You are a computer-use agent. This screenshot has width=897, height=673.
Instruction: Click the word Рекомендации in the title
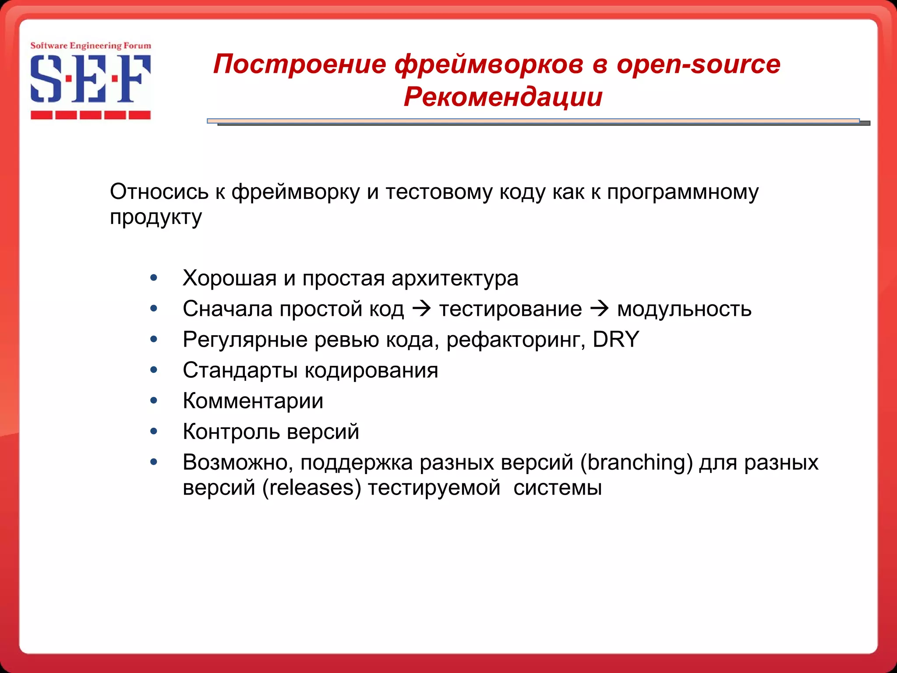click(x=503, y=97)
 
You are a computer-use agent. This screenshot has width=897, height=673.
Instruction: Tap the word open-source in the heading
click(x=698, y=64)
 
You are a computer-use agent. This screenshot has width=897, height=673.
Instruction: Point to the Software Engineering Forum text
click(x=91, y=46)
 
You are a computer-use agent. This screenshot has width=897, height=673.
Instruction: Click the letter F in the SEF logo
click(x=135, y=79)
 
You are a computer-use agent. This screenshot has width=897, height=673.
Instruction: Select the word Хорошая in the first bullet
click(x=229, y=278)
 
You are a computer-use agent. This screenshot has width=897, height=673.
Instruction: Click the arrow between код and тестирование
click(x=421, y=309)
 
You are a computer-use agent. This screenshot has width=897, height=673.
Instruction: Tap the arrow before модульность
click(x=599, y=309)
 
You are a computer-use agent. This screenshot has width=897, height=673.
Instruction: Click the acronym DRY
click(x=616, y=340)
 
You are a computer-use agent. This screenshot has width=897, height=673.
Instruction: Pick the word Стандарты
click(x=240, y=370)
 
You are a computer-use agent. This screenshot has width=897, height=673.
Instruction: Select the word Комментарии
click(x=253, y=401)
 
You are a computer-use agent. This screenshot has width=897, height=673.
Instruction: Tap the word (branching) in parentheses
click(x=636, y=462)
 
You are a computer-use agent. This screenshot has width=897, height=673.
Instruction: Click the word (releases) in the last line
click(x=311, y=488)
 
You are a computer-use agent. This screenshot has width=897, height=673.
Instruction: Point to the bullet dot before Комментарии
click(x=153, y=400)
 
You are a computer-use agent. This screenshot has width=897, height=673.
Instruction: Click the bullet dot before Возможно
click(x=153, y=462)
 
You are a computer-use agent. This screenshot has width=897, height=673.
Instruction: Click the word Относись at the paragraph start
click(x=159, y=192)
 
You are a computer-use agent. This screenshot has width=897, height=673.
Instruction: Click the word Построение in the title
click(x=300, y=64)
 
